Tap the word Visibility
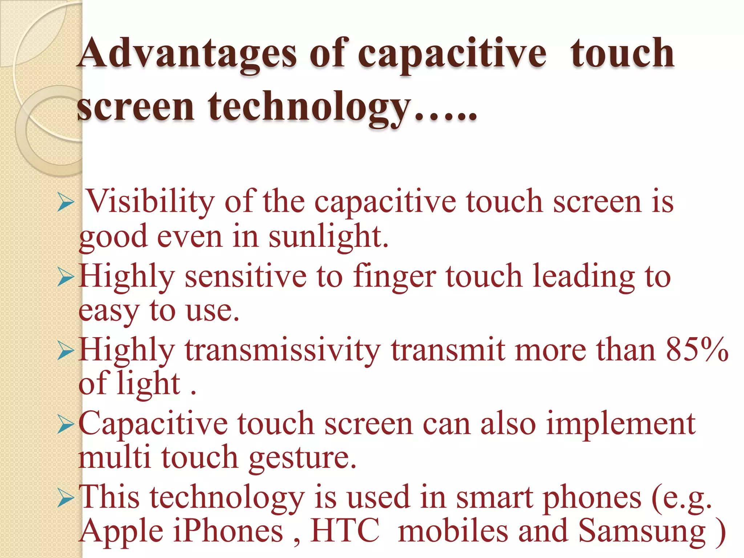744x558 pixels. [150, 202]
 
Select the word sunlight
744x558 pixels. [328, 237]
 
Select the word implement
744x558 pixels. [621, 424]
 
